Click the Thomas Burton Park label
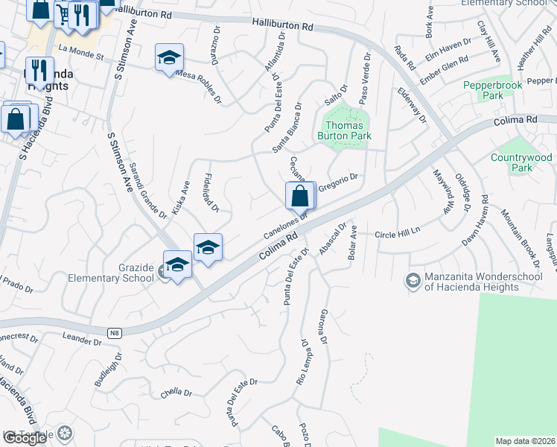(x=344, y=130)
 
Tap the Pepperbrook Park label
(x=482, y=90)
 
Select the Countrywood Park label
(x=522, y=162)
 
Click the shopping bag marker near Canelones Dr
(x=299, y=197)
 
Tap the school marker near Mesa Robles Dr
(x=169, y=57)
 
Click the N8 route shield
(x=113, y=332)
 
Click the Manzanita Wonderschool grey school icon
(x=412, y=281)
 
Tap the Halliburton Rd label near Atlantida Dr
(x=282, y=24)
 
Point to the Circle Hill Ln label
(x=398, y=232)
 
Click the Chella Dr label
(x=176, y=393)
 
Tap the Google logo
(x=25, y=437)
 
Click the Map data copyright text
(x=525, y=441)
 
